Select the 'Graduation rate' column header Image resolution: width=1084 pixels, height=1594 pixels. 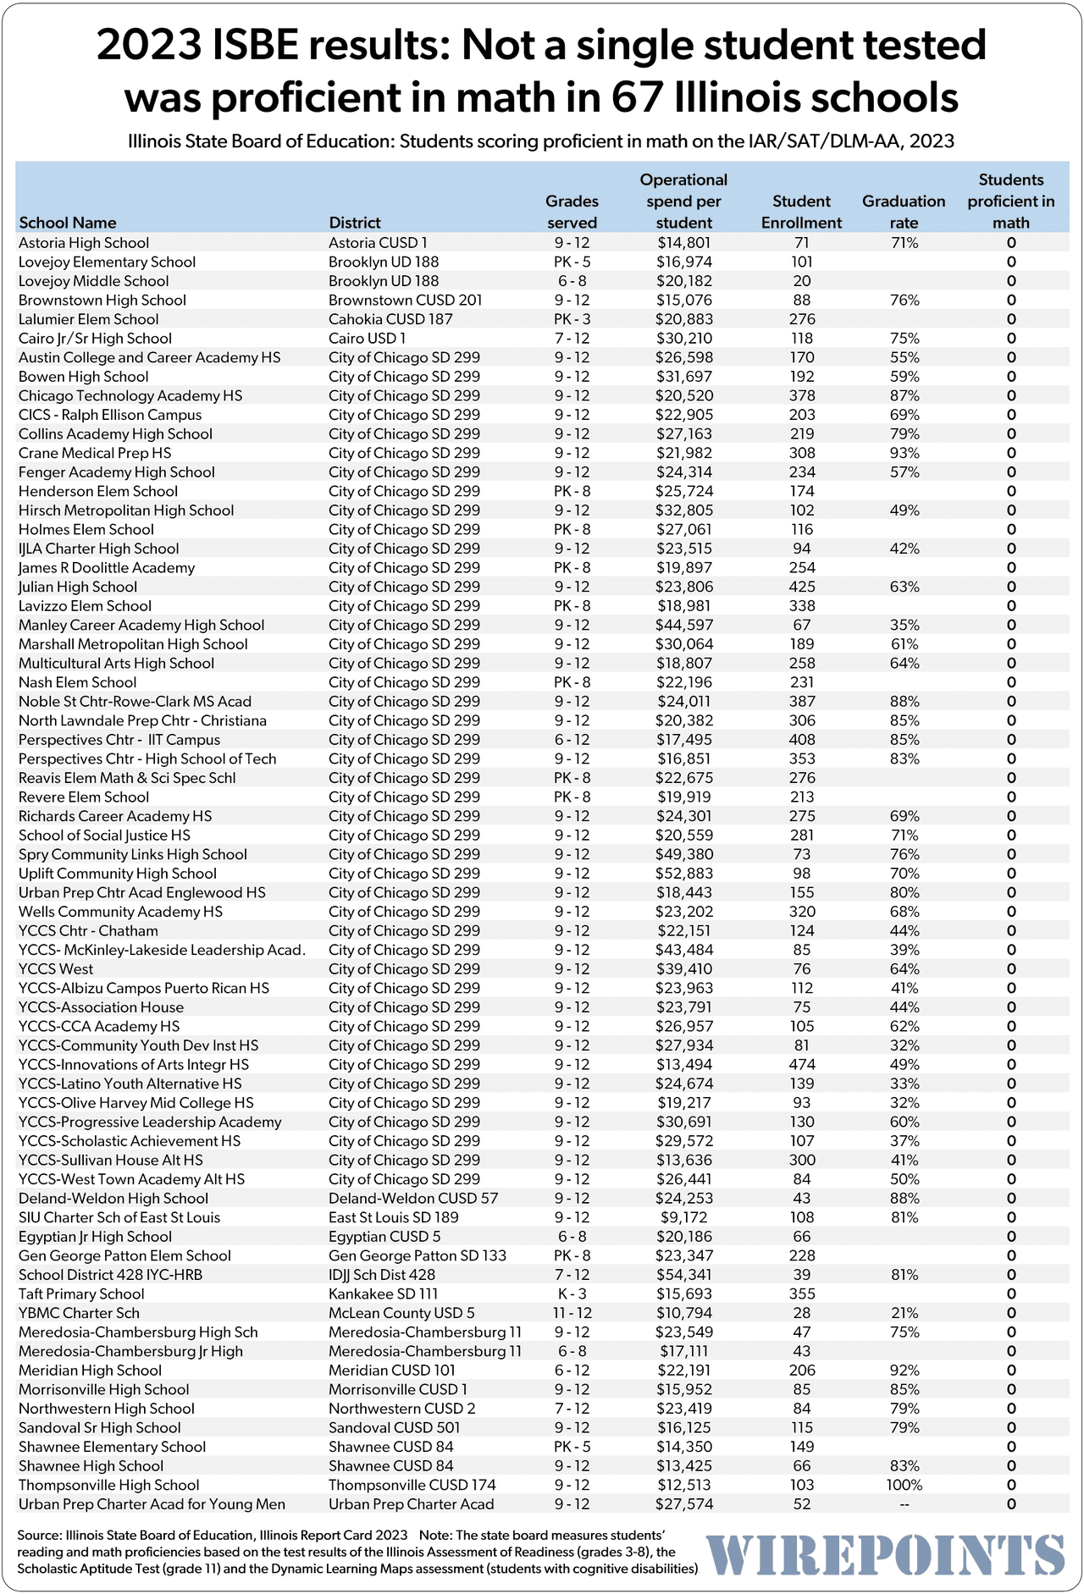(904, 212)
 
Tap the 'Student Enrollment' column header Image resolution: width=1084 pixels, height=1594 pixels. (801, 212)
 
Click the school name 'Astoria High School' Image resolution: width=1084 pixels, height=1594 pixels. (84, 243)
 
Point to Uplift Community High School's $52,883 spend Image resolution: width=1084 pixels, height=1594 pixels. (683, 874)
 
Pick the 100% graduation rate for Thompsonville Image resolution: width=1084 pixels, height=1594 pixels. (904, 1485)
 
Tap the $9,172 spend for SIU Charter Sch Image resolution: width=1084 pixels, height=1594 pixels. (683, 1217)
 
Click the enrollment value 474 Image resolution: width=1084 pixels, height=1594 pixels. (801, 1064)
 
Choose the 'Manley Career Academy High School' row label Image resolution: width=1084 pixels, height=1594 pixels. (141, 625)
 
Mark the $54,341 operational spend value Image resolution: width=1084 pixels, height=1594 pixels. (683, 1275)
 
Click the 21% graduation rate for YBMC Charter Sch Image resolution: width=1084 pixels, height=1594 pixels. (904, 1313)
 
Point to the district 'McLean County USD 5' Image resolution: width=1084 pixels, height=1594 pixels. (401, 1313)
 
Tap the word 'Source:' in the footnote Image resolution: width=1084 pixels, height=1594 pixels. (39, 1535)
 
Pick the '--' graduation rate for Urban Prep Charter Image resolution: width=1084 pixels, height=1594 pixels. (904, 1504)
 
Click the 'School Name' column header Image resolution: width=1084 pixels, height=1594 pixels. (67, 223)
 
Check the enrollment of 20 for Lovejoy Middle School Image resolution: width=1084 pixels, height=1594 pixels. (801, 281)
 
